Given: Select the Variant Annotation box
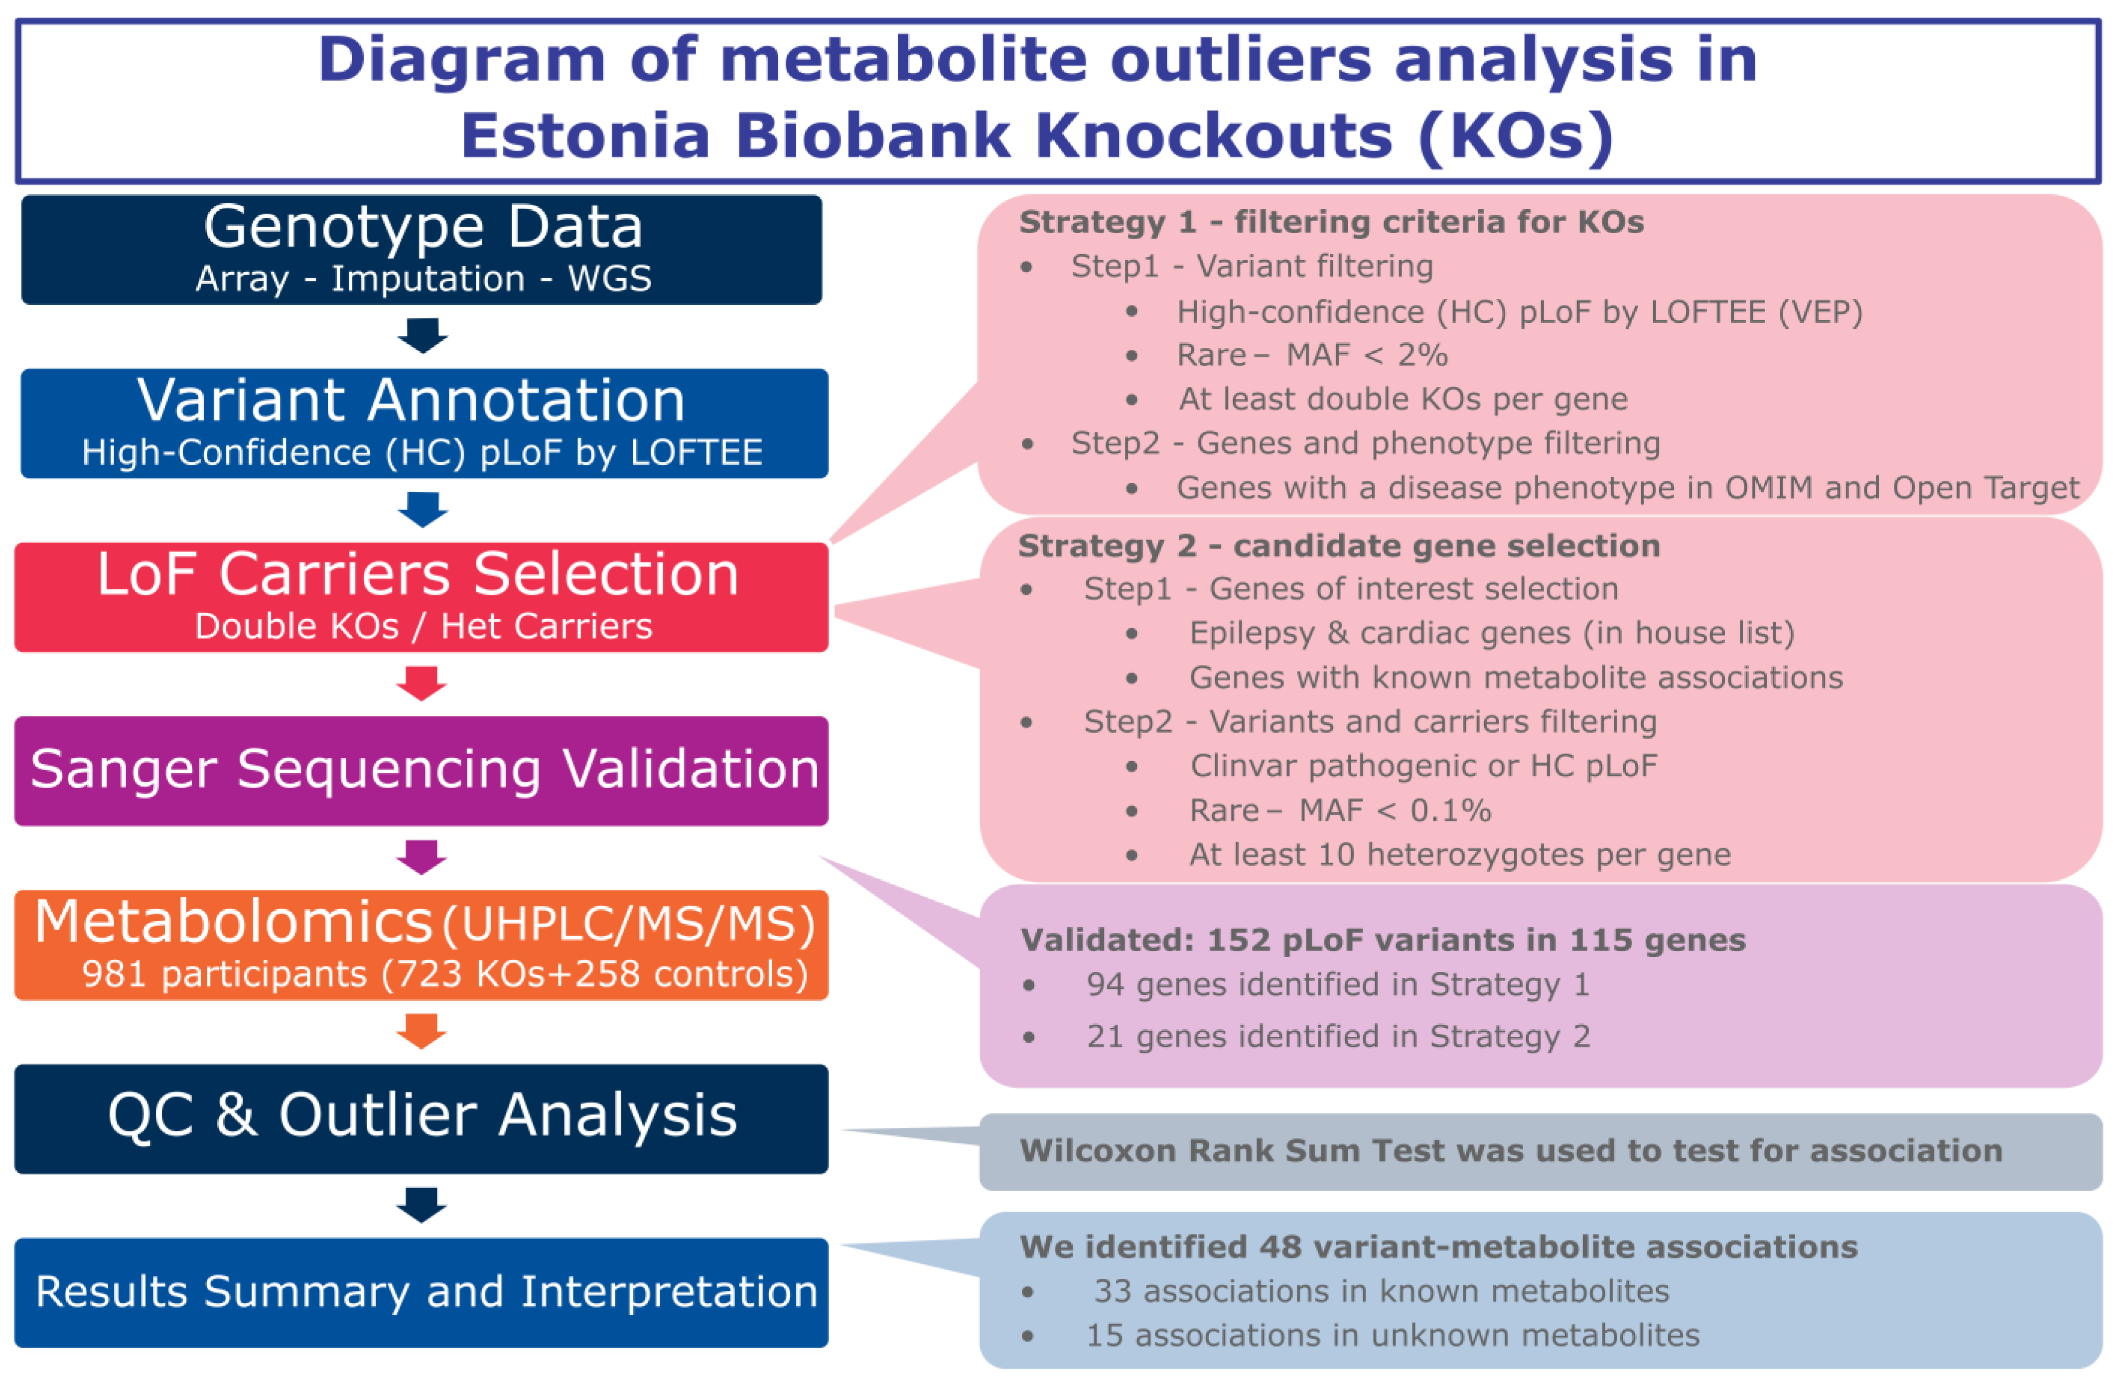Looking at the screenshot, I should click(424, 423).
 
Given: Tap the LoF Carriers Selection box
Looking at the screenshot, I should click(421, 597).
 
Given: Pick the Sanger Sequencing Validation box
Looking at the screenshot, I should click(421, 771).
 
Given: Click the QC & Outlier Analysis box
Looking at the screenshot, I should click(421, 1118).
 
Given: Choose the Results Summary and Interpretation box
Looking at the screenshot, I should click(421, 1292).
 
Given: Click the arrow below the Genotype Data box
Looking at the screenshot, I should click(422, 335).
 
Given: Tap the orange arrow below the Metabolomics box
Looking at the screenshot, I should click(421, 1031).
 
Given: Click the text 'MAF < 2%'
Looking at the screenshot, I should click(1367, 355).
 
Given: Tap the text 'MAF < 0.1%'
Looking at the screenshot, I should click(1395, 810).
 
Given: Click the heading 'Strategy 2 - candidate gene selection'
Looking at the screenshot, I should click(1338, 546).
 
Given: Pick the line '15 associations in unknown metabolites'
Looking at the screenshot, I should click(1393, 1335).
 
